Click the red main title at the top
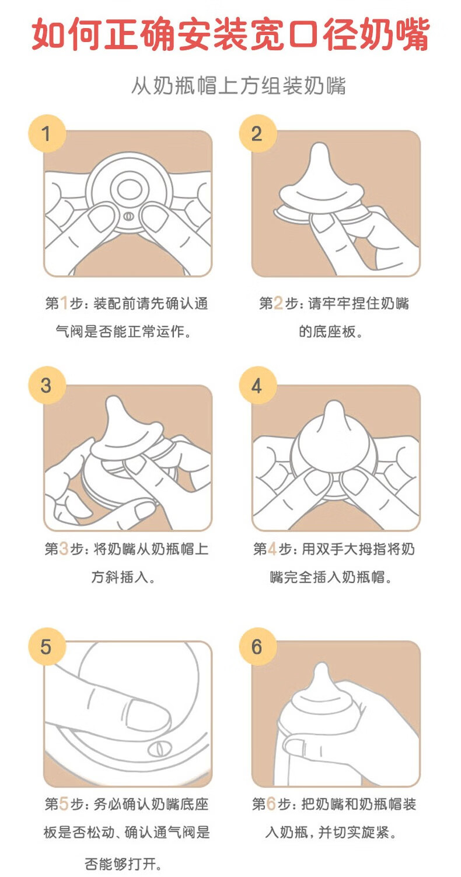pyautogui.click(x=230, y=34)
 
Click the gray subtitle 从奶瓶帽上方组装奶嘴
pyautogui.click(x=238, y=85)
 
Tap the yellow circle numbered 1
pyautogui.click(x=47, y=134)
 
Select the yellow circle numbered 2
pyautogui.click(x=257, y=134)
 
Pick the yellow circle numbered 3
pyautogui.click(x=47, y=385)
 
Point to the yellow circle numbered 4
pyautogui.click(x=257, y=385)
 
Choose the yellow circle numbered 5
pyautogui.click(x=47, y=646)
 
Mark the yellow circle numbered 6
pyautogui.click(x=257, y=646)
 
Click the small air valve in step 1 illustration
pyautogui.click(x=128, y=216)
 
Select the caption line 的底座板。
pyautogui.click(x=331, y=332)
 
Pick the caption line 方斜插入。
pyautogui.click(x=124, y=577)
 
